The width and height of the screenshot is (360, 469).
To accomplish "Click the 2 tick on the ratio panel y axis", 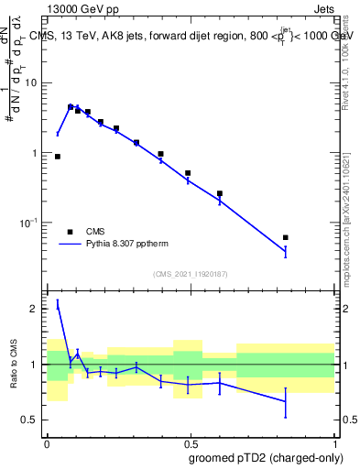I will tap(36, 310).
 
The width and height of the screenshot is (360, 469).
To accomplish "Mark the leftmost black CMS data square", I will tap(58, 157).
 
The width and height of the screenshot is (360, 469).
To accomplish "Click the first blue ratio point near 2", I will tap(58, 306).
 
